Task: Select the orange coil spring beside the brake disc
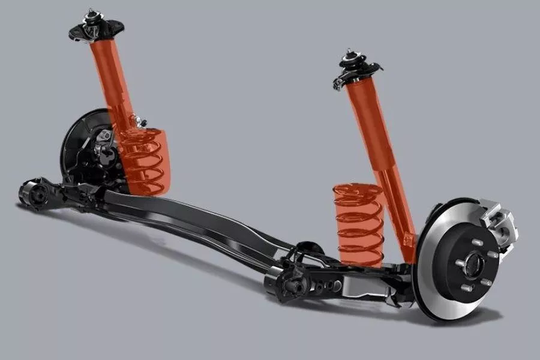click(359, 223)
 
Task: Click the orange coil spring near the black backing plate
click(144, 161)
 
